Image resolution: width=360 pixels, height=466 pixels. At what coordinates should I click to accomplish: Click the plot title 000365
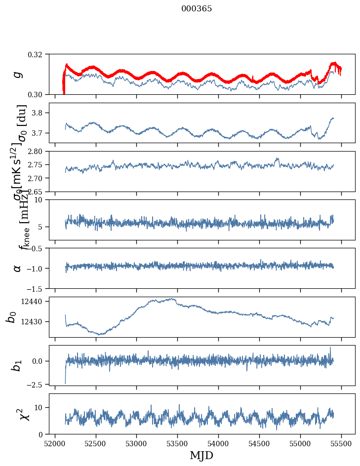tap(197, 9)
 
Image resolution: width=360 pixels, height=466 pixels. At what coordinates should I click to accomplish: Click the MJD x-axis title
tap(201, 456)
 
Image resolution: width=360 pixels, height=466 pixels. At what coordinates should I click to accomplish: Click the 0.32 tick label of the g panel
tap(38, 54)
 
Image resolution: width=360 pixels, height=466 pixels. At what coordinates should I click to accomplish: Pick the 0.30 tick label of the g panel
tap(38, 94)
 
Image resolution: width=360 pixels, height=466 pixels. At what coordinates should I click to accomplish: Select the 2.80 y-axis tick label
tap(38, 151)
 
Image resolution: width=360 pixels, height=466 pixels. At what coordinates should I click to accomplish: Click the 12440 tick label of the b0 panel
tap(35, 301)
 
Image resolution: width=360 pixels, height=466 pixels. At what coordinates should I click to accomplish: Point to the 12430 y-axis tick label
tap(35, 321)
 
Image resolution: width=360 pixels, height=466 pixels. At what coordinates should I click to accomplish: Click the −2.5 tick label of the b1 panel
tap(38, 384)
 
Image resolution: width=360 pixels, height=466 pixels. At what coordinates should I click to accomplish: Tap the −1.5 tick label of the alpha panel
tap(38, 288)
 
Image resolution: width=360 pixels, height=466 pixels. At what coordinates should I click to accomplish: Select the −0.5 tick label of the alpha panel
tap(38, 248)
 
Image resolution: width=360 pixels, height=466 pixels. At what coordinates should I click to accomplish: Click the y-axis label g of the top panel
tap(18, 74)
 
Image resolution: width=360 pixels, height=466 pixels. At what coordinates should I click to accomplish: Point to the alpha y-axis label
tap(18, 268)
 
